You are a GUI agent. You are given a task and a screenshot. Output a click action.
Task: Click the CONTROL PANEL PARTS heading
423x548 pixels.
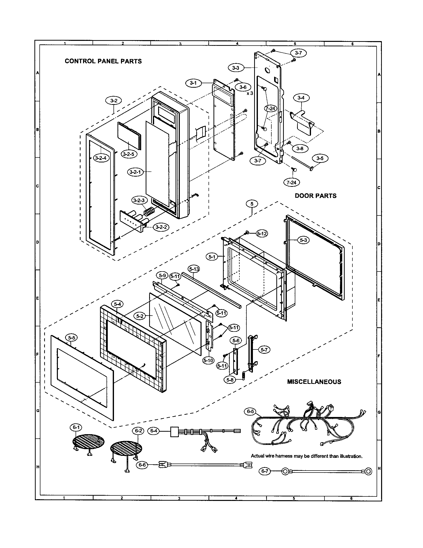[103, 61]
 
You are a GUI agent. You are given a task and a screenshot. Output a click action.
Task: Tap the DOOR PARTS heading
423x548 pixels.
[316, 196]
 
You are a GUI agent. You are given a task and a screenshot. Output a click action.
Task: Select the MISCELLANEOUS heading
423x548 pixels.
[314, 382]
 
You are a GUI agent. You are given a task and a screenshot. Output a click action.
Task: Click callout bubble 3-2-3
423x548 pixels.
[139, 200]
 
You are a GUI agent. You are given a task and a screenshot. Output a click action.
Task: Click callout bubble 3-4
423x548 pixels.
[301, 98]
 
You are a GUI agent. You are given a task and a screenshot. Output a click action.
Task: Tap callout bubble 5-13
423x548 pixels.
[194, 269]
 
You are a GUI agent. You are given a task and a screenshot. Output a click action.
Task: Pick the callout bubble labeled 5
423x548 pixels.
[252, 204]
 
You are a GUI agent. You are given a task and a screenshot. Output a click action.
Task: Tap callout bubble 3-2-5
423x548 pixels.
[129, 154]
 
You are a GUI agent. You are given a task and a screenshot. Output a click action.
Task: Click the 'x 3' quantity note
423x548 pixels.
[250, 93]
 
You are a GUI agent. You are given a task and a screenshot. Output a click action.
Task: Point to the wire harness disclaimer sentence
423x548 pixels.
[307, 456]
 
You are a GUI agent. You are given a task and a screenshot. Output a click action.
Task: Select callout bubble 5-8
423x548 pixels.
[230, 387]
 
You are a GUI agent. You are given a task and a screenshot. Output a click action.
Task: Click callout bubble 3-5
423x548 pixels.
[320, 158]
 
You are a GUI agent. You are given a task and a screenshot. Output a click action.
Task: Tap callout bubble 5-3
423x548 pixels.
[304, 240]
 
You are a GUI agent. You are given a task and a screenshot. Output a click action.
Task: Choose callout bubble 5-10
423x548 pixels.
[208, 361]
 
